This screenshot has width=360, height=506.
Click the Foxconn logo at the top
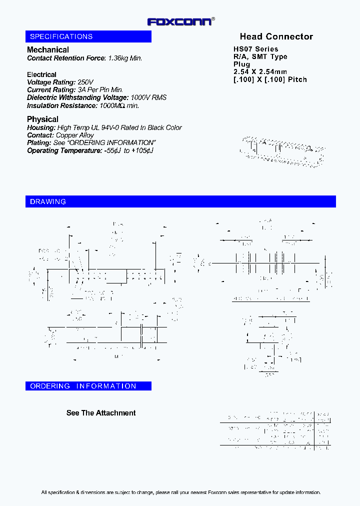tap(180, 21)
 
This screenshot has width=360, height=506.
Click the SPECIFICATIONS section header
tap(61, 36)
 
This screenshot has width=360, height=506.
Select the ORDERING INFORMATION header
tap(83, 386)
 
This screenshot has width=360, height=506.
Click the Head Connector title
tap(276, 36)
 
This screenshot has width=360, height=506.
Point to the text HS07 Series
tap(255, 49)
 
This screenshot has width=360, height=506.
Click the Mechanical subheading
tap(48, 49)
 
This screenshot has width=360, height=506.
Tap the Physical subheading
tap(42, 119)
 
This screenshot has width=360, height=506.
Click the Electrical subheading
tap(41, 74)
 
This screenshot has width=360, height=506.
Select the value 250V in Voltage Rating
tap(85, 82)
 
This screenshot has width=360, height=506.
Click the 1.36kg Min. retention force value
tap(125, 58)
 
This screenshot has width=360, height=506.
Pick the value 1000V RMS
tap(148, 97)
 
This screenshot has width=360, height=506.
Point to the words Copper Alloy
tap(75, 135)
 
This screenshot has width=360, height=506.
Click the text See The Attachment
tap(101, 413)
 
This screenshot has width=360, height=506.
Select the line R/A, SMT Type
tap(260, 56)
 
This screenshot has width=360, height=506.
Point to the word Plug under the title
tap(241, 64)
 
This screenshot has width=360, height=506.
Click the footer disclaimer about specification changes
tap(180, 492)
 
